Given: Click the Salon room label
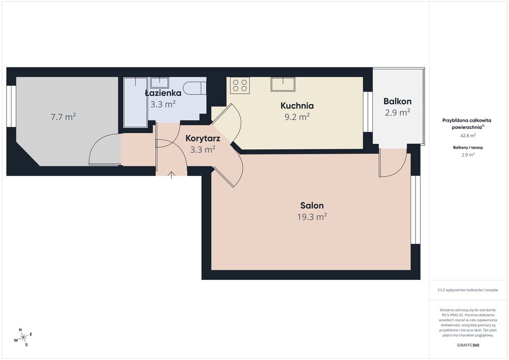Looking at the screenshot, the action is [x=312, y=205].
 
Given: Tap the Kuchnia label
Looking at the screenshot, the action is [x=297, y=105].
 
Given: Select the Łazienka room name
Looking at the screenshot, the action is [x=163, y=93].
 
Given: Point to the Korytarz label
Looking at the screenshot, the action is [x=203, y=138].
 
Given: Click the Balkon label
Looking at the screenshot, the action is [x=397, y=101].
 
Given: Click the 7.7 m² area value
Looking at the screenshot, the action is [x=63, y=116].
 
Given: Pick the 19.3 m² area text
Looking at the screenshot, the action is [x=312, y=216].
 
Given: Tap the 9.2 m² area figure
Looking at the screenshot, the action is [x=297, y=116].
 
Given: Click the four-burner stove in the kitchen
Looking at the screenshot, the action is [x=240, y=86].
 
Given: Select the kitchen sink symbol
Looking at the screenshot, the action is [x=283, y=84].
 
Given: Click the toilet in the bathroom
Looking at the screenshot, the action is [x=194, y=88].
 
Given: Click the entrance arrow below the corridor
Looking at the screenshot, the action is [x=171, y=176].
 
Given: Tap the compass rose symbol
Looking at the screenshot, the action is [x=23, y=338].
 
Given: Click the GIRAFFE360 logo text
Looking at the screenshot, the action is [x=467, y=345].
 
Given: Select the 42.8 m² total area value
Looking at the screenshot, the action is [x=468, y=136].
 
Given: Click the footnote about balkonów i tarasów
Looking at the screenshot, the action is [x=468, y=290].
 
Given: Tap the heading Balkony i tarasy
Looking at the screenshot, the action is [x=468, y=147].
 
